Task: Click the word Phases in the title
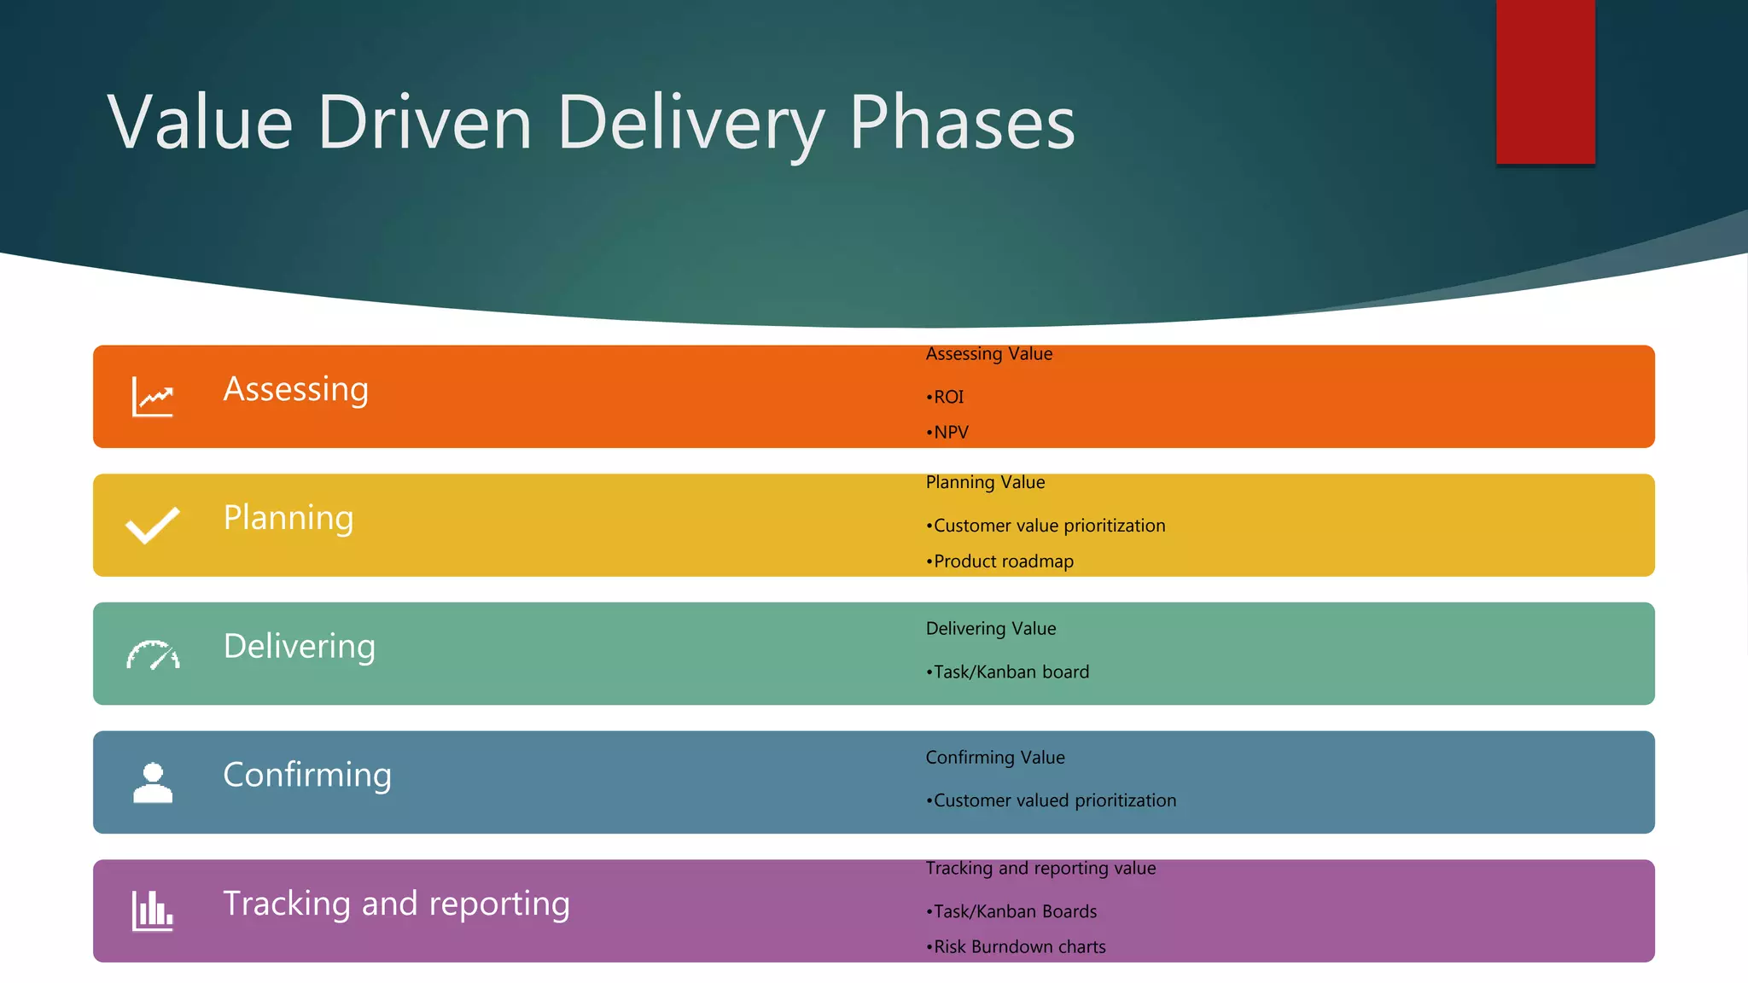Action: (961, 124)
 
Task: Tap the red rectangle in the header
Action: (1545, 81)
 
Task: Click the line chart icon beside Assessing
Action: (153, 397)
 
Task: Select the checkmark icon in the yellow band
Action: (153, 525)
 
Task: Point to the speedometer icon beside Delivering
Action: (153, 654)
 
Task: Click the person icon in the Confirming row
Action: (153, 782)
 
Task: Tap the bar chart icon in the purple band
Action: (153, 910)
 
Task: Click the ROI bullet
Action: (946, 397)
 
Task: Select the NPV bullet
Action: (948, 433)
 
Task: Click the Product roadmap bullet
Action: (1000, 561)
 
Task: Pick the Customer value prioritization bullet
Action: (1046, 526)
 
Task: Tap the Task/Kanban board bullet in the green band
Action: (1008, 672)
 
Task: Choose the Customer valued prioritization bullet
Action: (1052, 800)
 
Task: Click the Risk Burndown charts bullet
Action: (1017, 947)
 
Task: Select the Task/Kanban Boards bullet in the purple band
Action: (1012, 911)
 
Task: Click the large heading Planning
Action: (288, 518)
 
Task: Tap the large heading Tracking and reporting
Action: (396, 904)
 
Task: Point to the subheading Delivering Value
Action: (991, 629)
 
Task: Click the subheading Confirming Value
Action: (995, 758)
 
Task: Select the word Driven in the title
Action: (425, 124)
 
